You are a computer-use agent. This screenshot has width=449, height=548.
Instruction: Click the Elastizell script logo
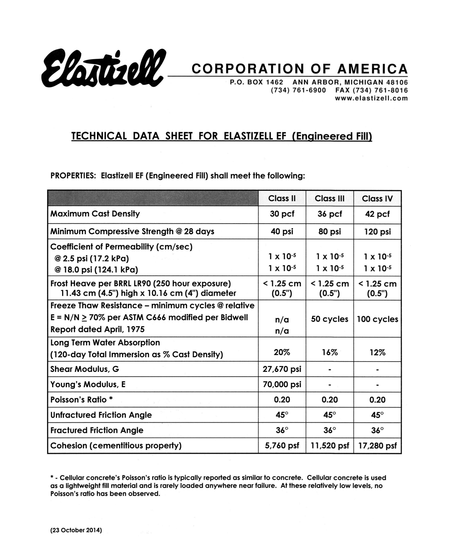tap(104, 68)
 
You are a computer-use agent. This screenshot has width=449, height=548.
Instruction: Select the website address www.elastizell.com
tap(371, 98)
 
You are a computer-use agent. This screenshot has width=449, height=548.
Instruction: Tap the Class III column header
tap(330, 198)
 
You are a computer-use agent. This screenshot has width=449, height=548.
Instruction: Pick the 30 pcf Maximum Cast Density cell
tap(282, 214)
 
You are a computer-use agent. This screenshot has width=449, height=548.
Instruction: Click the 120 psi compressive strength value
tap(377, 231)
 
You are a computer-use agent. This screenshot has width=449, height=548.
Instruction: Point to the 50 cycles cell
tap(330, 319)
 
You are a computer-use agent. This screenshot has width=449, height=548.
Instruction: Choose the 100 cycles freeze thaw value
tap(377, 319)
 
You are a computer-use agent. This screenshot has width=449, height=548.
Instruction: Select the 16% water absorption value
tap(330, 352)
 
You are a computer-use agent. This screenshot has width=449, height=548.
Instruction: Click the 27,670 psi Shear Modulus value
tap(282, 369)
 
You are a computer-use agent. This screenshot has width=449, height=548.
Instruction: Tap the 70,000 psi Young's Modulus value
tap(282, 385)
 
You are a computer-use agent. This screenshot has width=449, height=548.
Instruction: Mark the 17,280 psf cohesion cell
tap(377, 446)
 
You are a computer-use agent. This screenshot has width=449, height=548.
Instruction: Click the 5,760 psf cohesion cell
tap(282, 446)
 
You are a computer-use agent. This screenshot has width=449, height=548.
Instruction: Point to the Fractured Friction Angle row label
tap(97, 430)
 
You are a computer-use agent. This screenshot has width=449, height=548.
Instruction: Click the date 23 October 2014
tap(76, 530)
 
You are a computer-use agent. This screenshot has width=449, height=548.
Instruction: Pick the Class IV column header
tap(377, 198)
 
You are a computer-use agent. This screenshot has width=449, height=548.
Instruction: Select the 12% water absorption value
tap(377, 352)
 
